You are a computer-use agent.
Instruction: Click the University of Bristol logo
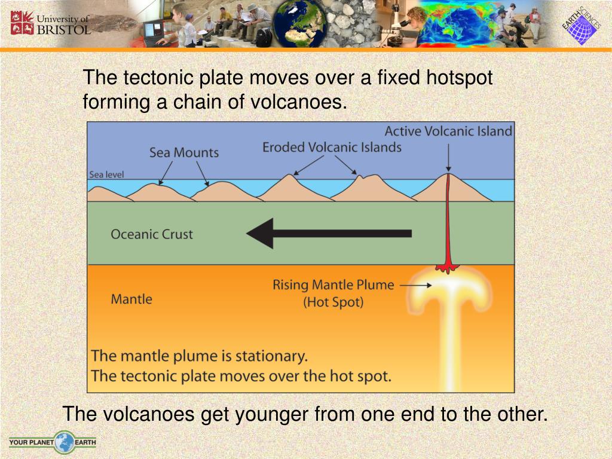pos(50,23)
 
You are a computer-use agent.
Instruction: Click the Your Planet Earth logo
pos(52,443)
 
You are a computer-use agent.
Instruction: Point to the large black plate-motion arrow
pos(329,233)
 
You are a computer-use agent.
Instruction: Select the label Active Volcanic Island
pos(448,131)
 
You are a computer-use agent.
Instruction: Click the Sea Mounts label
pos(184,152)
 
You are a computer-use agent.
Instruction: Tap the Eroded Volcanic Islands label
pos(332,147)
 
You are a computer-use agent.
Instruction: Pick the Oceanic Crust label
pos(152,234)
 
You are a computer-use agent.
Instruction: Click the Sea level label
pos(106,175)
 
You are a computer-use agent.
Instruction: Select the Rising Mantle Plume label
pos(333,284)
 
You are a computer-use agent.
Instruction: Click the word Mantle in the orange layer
pos(131,299)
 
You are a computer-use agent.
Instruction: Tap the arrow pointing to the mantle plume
pos(412,286)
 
